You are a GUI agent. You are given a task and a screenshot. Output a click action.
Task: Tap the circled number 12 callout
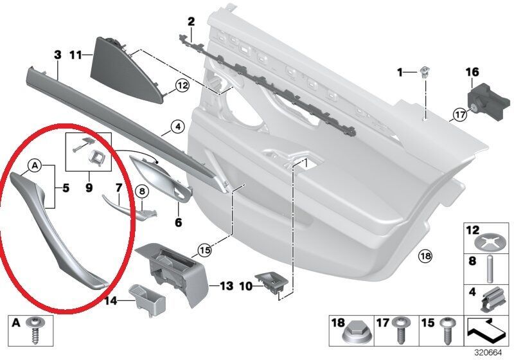pyautogui.click(x=182, y=86)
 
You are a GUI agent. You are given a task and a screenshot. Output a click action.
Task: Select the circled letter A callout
pyautogui.click(x=35, y=166)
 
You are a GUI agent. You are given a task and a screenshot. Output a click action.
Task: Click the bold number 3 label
pyautogui.click(x=58, y=55)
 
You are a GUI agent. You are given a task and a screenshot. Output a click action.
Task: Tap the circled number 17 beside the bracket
pyautogui.click(x=460, y=115)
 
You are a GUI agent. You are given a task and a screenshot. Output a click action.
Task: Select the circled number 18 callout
pyautogui.click(x=425, y=255)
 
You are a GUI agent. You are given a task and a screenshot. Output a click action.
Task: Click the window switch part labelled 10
pyautogui.click(x=272, y=283)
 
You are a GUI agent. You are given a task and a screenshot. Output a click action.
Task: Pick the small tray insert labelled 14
pyautogui.click(x=148, y=300)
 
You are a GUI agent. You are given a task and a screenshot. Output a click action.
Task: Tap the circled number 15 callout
pyautogui.click(x=204, y=251)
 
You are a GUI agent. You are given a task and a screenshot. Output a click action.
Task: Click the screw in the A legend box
pyautogui.click(x=35, y=330)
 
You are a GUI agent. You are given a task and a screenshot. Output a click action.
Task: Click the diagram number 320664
pyautogui.click(x=488, y=353)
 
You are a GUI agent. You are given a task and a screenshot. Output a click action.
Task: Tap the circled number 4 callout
pyautogui.click(x=178, y=127)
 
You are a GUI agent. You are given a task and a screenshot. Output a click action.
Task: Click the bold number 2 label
pyautogui.click(x=191, y=22)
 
